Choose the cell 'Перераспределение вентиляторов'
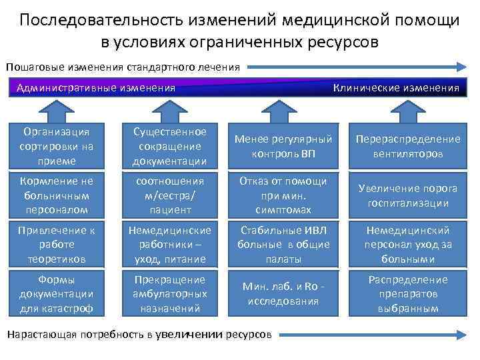point(408,146)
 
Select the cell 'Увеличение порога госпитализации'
point(408,195)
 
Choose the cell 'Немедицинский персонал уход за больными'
point(408,245)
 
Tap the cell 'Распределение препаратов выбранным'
point(408,294)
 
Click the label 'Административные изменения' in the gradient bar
point(95,88)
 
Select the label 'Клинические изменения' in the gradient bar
point(396,88)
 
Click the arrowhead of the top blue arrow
point(460,67)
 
